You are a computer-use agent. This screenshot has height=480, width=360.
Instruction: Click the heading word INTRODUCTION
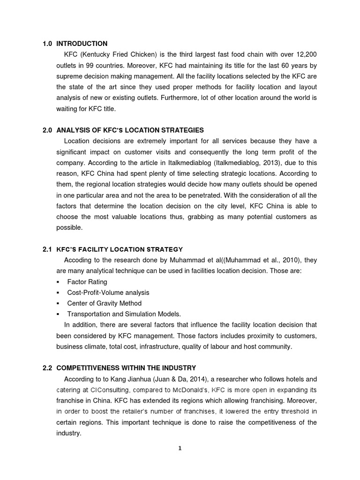[82, 44]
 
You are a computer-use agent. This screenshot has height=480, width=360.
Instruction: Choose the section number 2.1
[46, 249]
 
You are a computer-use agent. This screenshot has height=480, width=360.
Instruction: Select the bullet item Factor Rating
[87, 282]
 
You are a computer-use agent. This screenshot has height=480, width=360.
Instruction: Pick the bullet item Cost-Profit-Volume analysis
[108, 292]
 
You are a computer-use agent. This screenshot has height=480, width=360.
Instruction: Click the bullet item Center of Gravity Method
[104, 303]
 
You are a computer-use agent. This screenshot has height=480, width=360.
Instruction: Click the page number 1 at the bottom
[180, 448]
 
